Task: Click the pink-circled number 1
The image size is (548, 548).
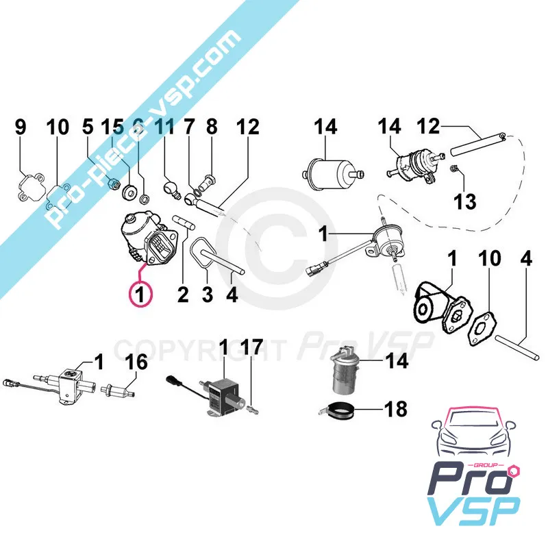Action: click(x=140, y=295)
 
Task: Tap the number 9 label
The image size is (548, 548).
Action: click(x=21, y=127)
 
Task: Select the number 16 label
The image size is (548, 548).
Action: click(x=136, y=362)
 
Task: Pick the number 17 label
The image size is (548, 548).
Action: click(x=87, y=127)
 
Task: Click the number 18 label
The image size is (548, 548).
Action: click(x=395, y=410)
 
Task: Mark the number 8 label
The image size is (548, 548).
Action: click(x=212, y=127)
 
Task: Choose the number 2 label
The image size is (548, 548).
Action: click(x=182, y=295)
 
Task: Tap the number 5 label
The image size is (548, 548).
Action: click(x=87, y=127)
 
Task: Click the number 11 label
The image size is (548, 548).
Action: click(x=164, y=127)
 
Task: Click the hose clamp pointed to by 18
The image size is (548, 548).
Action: click(x=335, y=410)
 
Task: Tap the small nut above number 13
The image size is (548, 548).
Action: click(x=453, y=169)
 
